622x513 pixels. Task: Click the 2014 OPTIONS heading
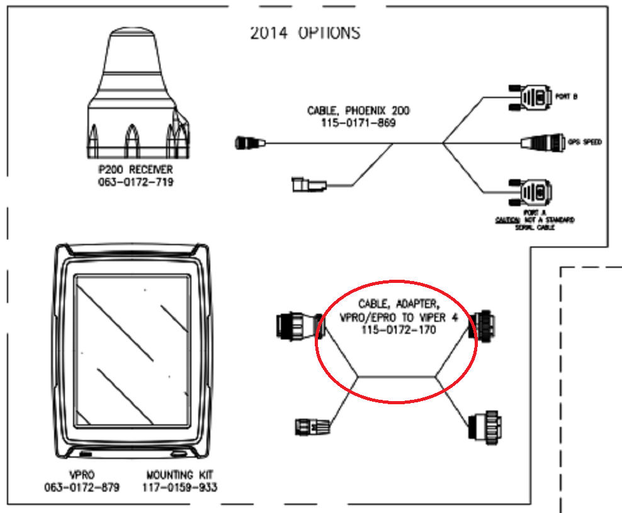306,33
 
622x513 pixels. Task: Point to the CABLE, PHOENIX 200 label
358,111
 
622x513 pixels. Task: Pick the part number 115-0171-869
358,123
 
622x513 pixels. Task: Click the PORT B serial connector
530,97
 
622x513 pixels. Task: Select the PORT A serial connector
530,191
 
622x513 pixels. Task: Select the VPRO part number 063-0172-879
82,487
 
